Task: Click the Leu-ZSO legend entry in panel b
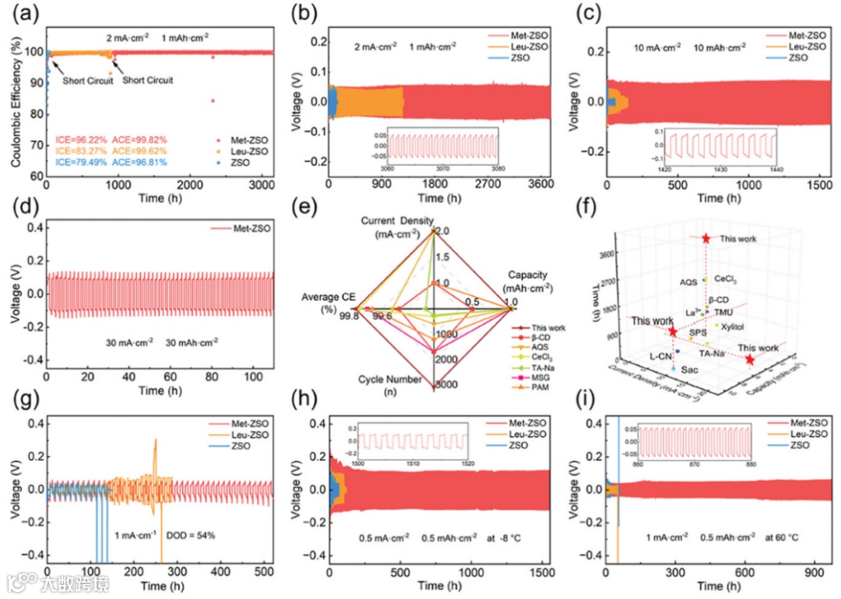(x=520, y=47)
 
